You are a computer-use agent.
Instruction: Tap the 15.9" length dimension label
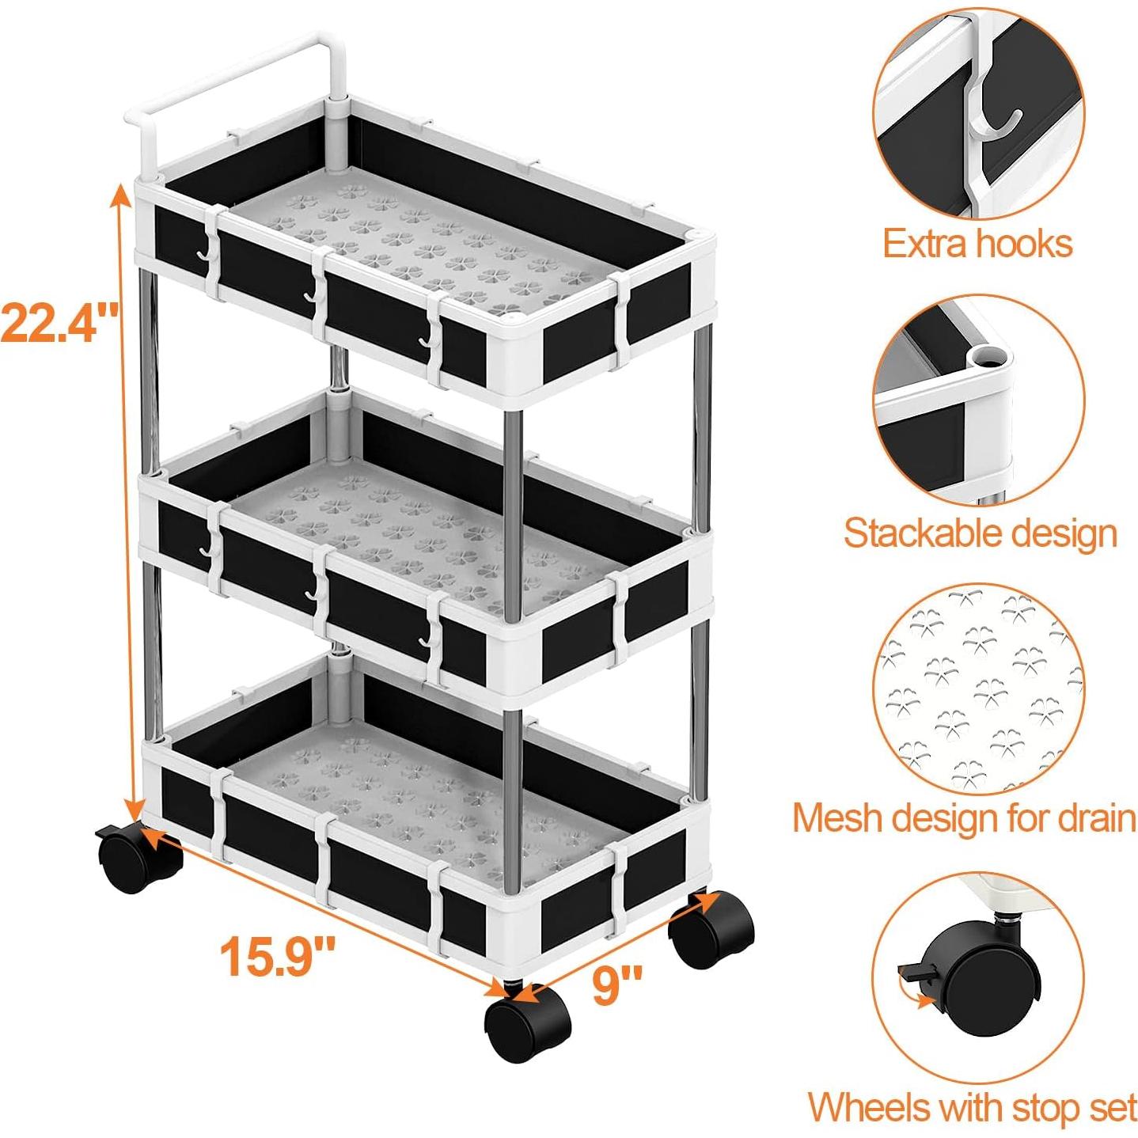tap(277, 956)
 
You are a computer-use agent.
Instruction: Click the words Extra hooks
tap(977, 243)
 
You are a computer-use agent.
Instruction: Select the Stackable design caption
tap(980, 533)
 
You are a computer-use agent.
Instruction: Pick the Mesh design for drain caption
tap(965, 817)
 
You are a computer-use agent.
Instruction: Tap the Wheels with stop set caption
tap(973, 1107)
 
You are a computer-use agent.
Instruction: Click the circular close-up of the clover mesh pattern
tap(980, 688)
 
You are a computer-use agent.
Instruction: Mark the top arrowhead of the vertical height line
tap(120, 192)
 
